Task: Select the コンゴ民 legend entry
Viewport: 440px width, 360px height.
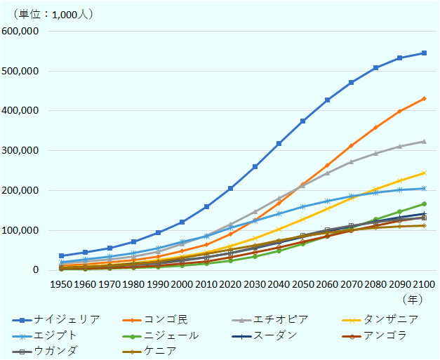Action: [x=162, y=319]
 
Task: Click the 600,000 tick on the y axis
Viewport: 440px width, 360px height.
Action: [x=24, y=32]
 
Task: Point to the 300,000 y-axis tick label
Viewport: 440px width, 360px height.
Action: [x=24, y=151]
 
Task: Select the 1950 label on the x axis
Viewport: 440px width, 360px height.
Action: [x=62, y=284]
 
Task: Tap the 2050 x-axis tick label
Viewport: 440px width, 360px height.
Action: [x=302, y=284]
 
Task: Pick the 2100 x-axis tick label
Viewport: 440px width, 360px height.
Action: [x=423, y=284]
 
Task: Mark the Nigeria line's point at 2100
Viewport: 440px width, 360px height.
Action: [x=424, y=53]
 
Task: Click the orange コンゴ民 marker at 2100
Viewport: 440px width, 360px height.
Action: [x=424, y=98]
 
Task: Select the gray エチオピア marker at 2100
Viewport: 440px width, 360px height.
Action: [x=424, y=141]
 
